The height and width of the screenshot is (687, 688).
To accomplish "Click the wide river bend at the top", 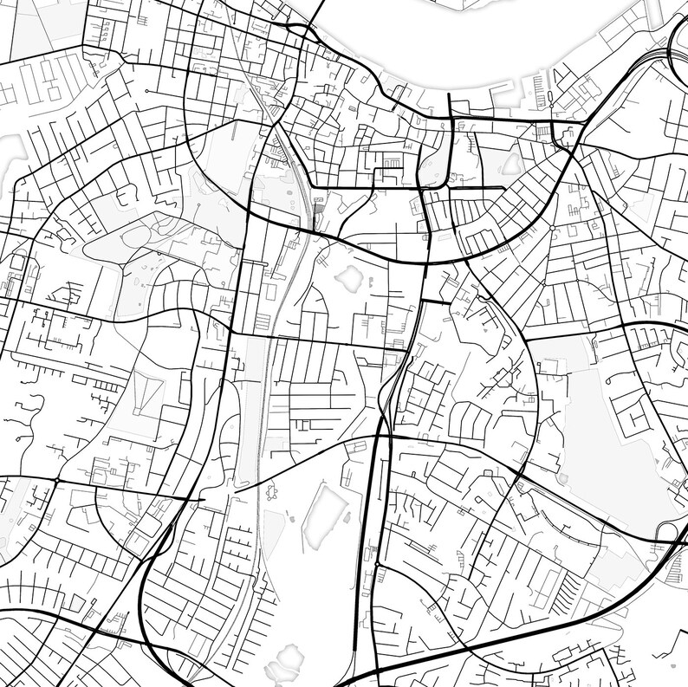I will click(451, 43).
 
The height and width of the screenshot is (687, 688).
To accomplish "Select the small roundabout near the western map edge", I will click(57, 480).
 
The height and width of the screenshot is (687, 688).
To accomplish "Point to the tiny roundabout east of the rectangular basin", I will click(378, 565).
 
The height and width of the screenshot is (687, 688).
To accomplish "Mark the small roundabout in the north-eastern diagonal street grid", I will click(552, 228).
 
